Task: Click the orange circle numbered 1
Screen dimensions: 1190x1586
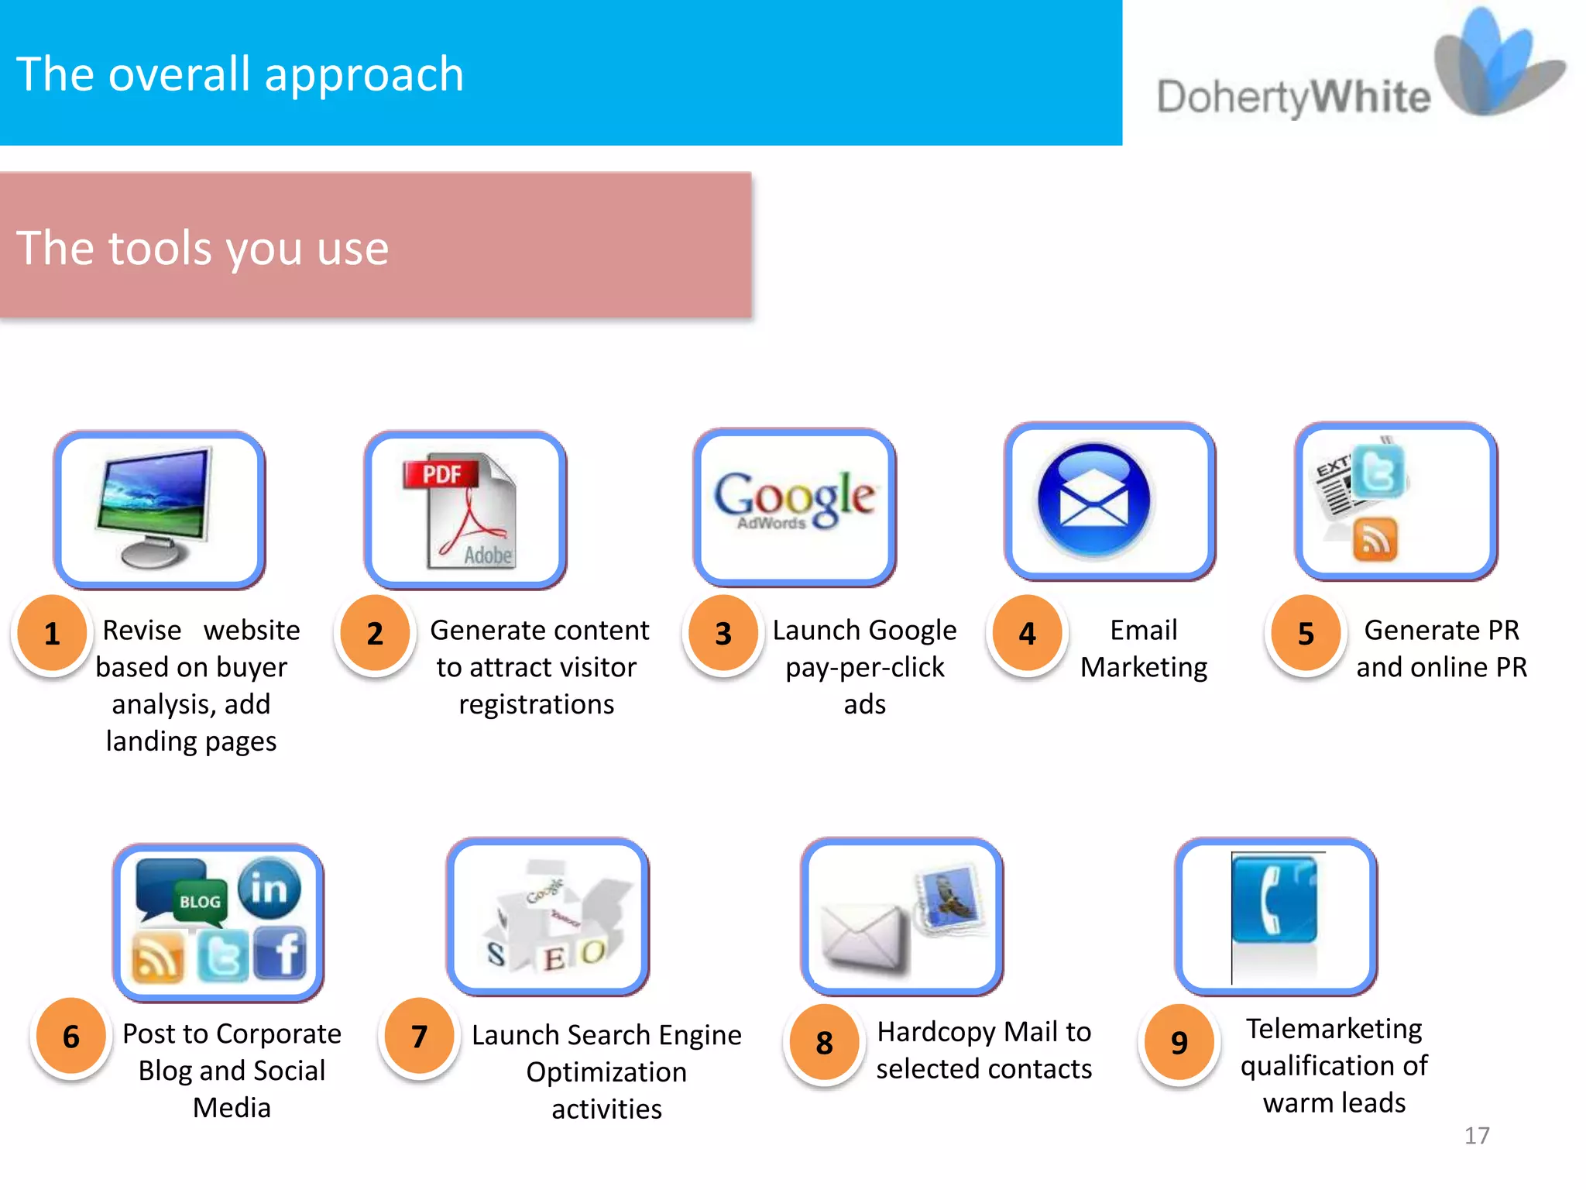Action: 52,634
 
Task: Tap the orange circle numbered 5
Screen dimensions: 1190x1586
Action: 1306,634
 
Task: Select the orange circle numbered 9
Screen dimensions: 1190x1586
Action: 1179,1042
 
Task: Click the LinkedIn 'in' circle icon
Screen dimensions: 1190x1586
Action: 269,889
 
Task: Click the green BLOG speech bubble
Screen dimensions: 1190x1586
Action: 201,901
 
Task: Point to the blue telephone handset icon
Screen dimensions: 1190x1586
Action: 1275,899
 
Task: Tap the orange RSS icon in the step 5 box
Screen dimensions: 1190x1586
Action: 1375,539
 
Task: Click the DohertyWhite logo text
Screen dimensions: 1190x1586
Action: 1293,98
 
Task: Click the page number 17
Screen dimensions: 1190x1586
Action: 1476,1136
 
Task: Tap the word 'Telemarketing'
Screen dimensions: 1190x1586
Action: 1334,1029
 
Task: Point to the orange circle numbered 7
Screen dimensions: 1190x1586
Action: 419,1037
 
